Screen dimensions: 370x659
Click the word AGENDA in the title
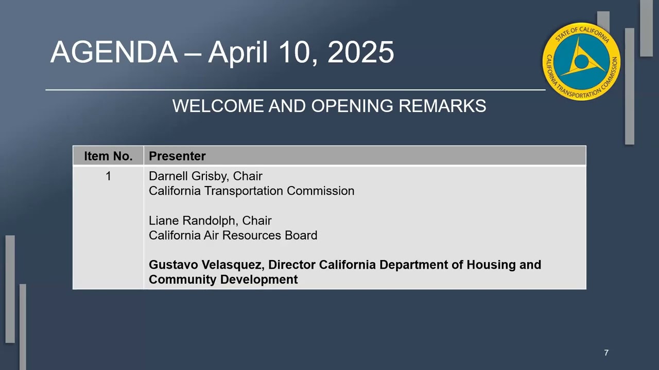114,52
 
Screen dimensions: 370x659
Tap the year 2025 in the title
360,52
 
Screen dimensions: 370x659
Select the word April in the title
238,52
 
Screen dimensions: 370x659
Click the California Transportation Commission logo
581,61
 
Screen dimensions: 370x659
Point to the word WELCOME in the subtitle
218,106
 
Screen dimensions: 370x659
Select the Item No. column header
108,156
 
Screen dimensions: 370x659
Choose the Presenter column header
177,156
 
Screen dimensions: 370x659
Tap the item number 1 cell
108,176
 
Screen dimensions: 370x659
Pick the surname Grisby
211,176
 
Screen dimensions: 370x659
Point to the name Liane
163,220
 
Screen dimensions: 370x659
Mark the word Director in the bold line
291,265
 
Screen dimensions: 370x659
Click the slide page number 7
606,353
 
